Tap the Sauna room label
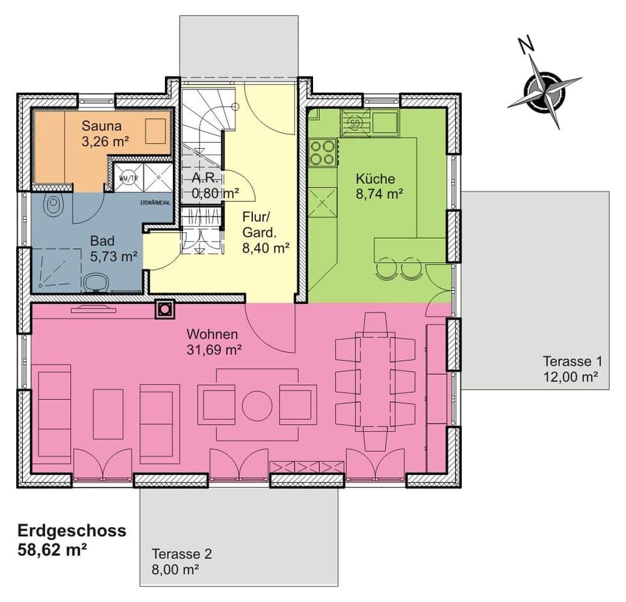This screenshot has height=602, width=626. tap(100, 125)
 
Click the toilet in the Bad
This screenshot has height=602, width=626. tap(53, 205)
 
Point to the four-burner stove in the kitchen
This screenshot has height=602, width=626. tap(322, 152)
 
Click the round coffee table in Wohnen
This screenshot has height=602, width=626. tap(257, 405)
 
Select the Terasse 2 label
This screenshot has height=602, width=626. tap(182, 554)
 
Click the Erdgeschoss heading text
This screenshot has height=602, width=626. tap(72, 530)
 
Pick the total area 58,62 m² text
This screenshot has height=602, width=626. tap(53, 549)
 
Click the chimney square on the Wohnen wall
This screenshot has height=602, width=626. tap(165, 310)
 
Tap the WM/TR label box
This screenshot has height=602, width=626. tap(128, 177)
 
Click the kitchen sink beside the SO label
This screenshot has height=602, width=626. tap(384, 121)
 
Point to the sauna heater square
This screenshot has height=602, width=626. tap(155, 131)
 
